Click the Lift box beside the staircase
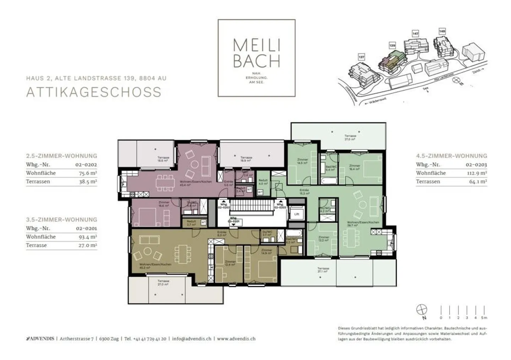click(296, 214)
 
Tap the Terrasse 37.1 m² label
click(323, 270)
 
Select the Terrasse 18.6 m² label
click(163, 159)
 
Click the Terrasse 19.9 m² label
click(246, 159)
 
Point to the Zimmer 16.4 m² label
click(354, 167)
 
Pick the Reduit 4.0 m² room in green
click(263, 182)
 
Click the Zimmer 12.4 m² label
click(230, 263)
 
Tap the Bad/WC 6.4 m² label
click(331, 168)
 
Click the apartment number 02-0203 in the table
click(476, 165)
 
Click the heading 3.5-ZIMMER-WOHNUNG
click(61, 220)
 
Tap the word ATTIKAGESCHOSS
click(94, 92)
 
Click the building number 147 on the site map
click(415, 34)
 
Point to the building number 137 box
click(361, 57)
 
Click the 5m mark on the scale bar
click(484, 317)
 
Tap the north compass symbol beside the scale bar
click(422, 310)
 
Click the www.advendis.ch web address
click(236, 339)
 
